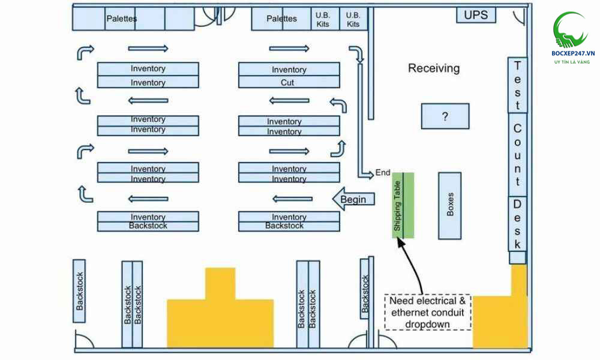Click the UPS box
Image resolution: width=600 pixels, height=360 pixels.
(x=476, y=15)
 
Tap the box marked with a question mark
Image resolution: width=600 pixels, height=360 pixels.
(x=445, y=116)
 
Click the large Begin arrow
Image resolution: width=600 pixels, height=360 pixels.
(x=353, y=199)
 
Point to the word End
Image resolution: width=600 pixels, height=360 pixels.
(x=383, y=173)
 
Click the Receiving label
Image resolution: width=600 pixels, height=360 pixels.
(x=434, y=68)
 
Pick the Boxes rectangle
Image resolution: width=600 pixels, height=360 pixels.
(x=450, y=204)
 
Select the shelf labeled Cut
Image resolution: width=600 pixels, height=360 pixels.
(x=289, y=82)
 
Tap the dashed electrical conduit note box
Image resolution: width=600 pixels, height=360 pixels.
(x=428, y=312)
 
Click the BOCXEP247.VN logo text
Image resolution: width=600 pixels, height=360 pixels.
(x=572, y=53)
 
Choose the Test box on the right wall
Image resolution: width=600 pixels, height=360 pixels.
(x=517, y=85)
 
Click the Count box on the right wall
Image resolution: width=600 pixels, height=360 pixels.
(x=517, y=154)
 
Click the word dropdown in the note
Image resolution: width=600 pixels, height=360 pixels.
(x=428, y=325)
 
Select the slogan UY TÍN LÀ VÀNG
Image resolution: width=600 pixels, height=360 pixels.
(x=572, y=62)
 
